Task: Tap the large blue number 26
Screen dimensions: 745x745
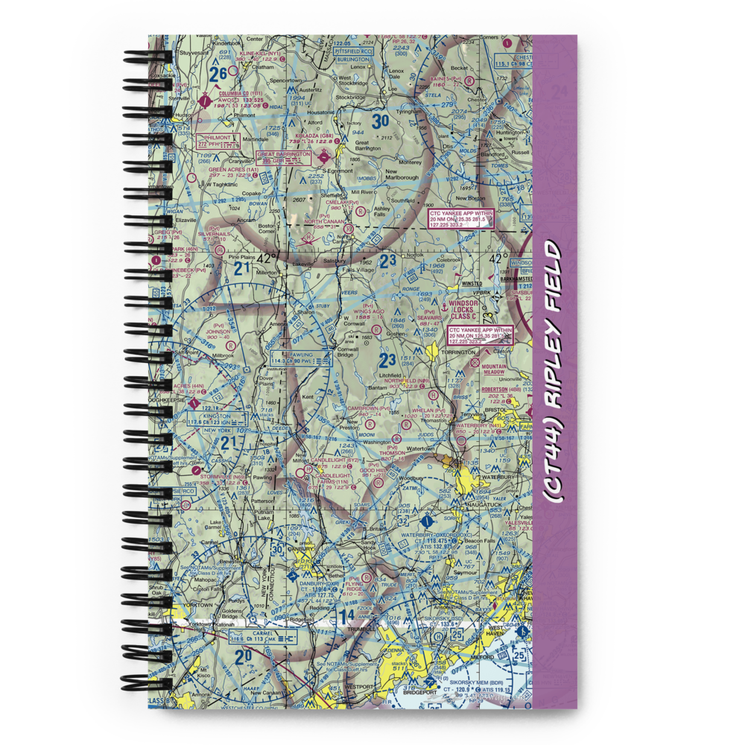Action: point(219,74)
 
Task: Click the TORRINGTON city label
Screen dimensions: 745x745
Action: point(462,351)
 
